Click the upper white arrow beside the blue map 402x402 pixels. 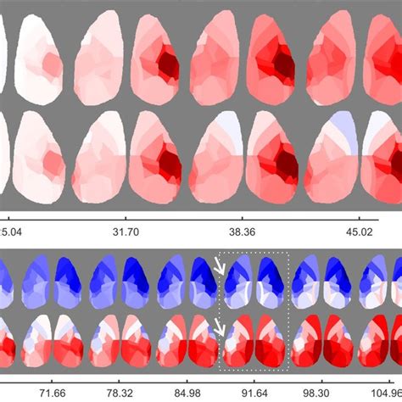coord(221,266)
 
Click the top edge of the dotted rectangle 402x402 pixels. coord(254,252)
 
